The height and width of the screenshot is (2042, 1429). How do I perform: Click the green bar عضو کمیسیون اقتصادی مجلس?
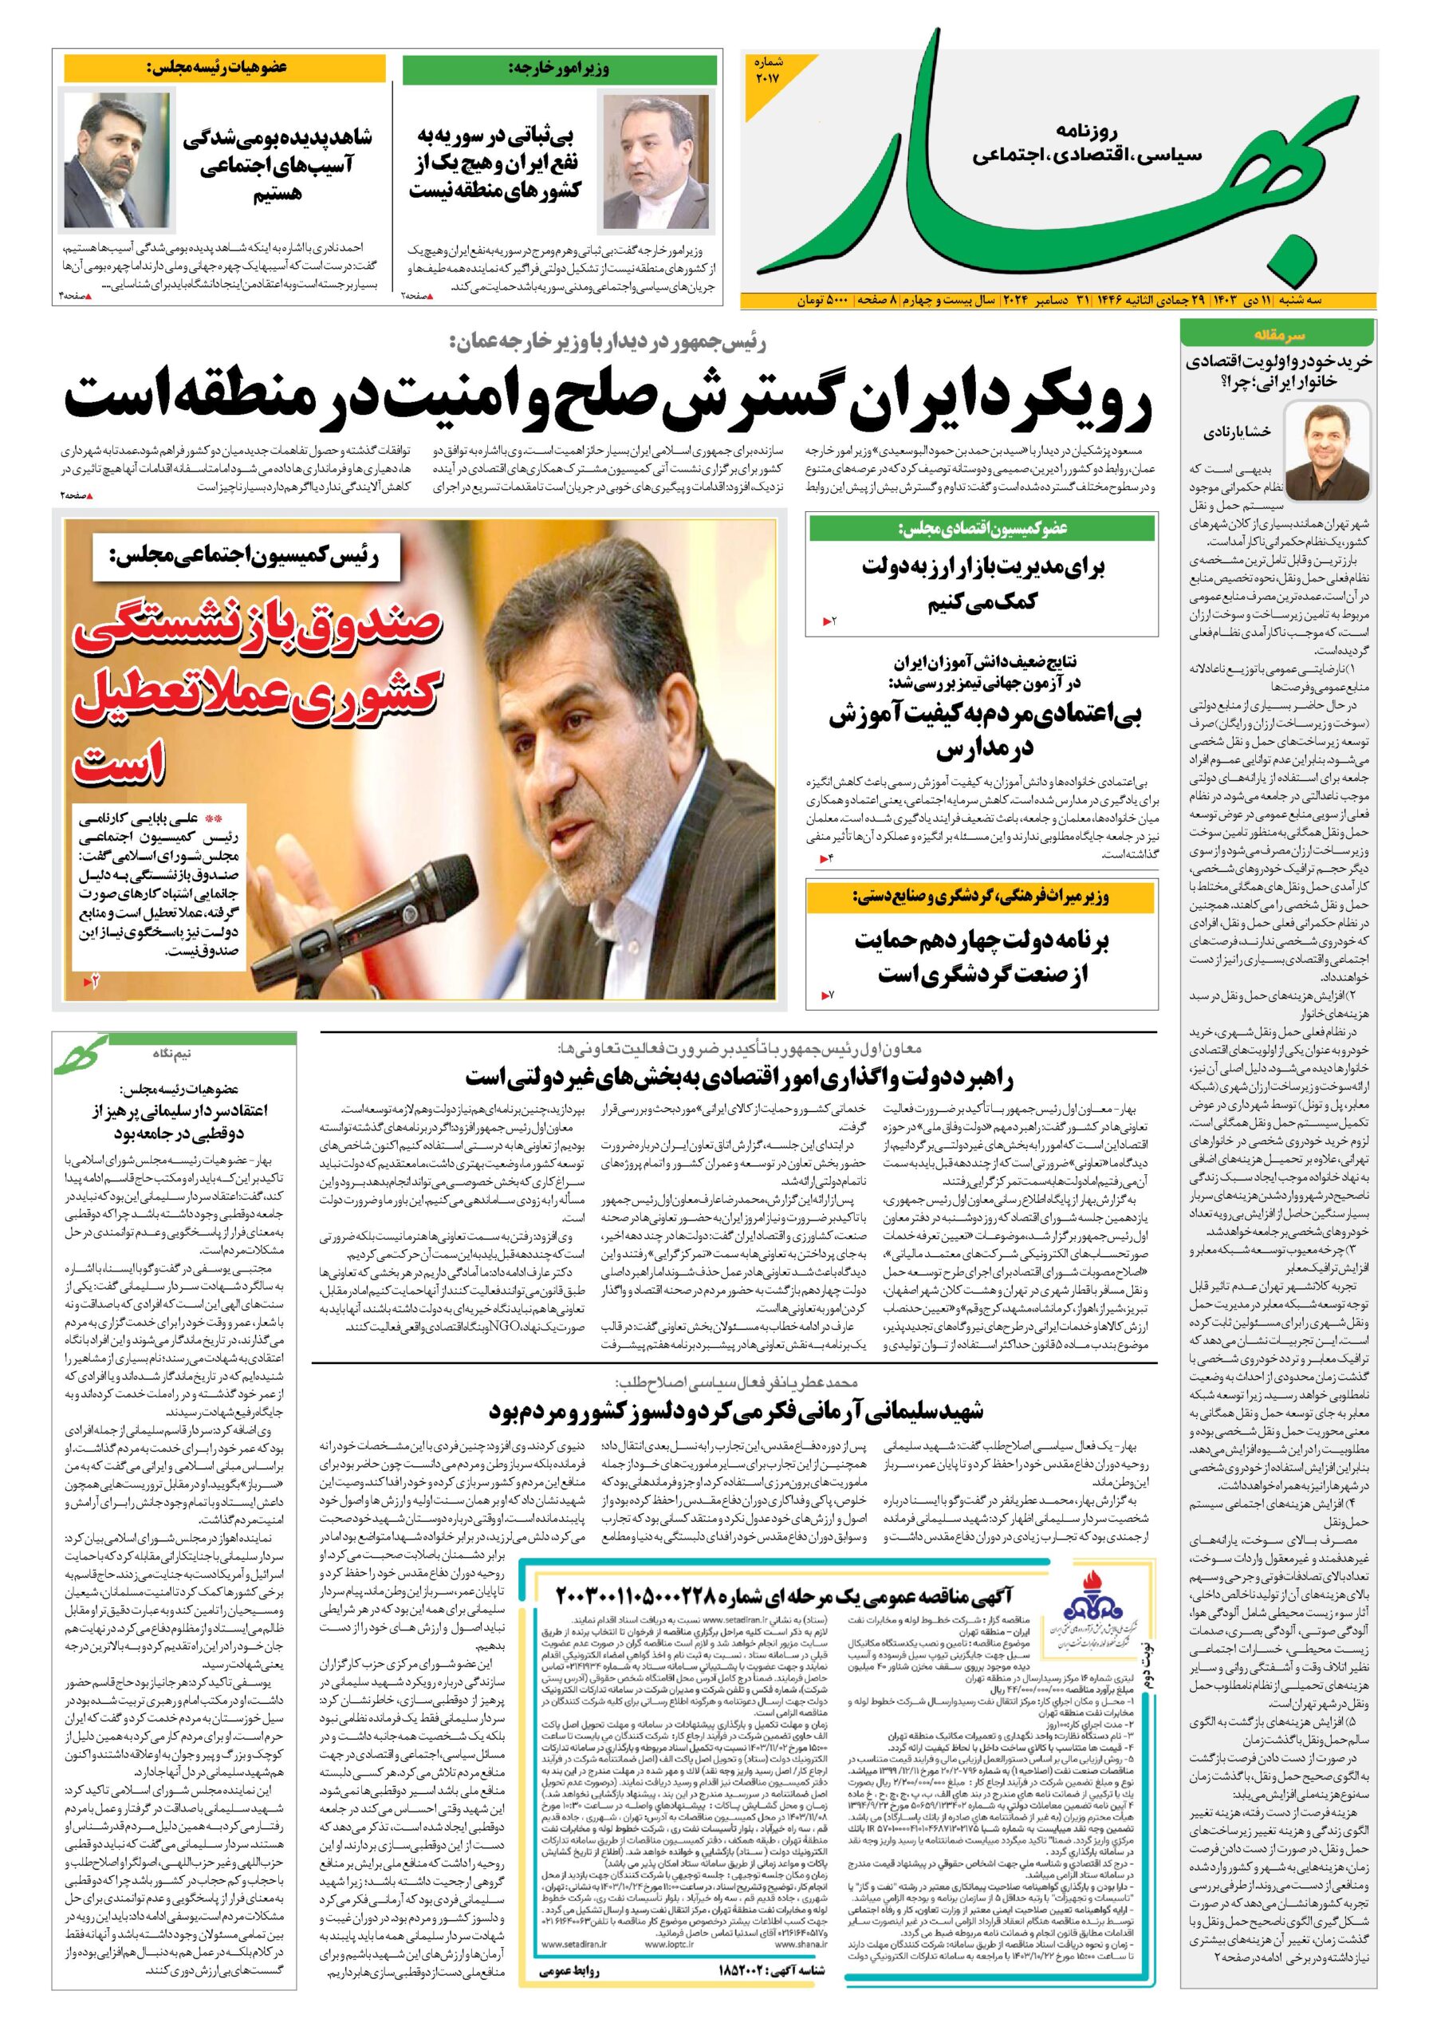982,529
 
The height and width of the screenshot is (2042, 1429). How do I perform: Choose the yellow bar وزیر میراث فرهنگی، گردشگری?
982,897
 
